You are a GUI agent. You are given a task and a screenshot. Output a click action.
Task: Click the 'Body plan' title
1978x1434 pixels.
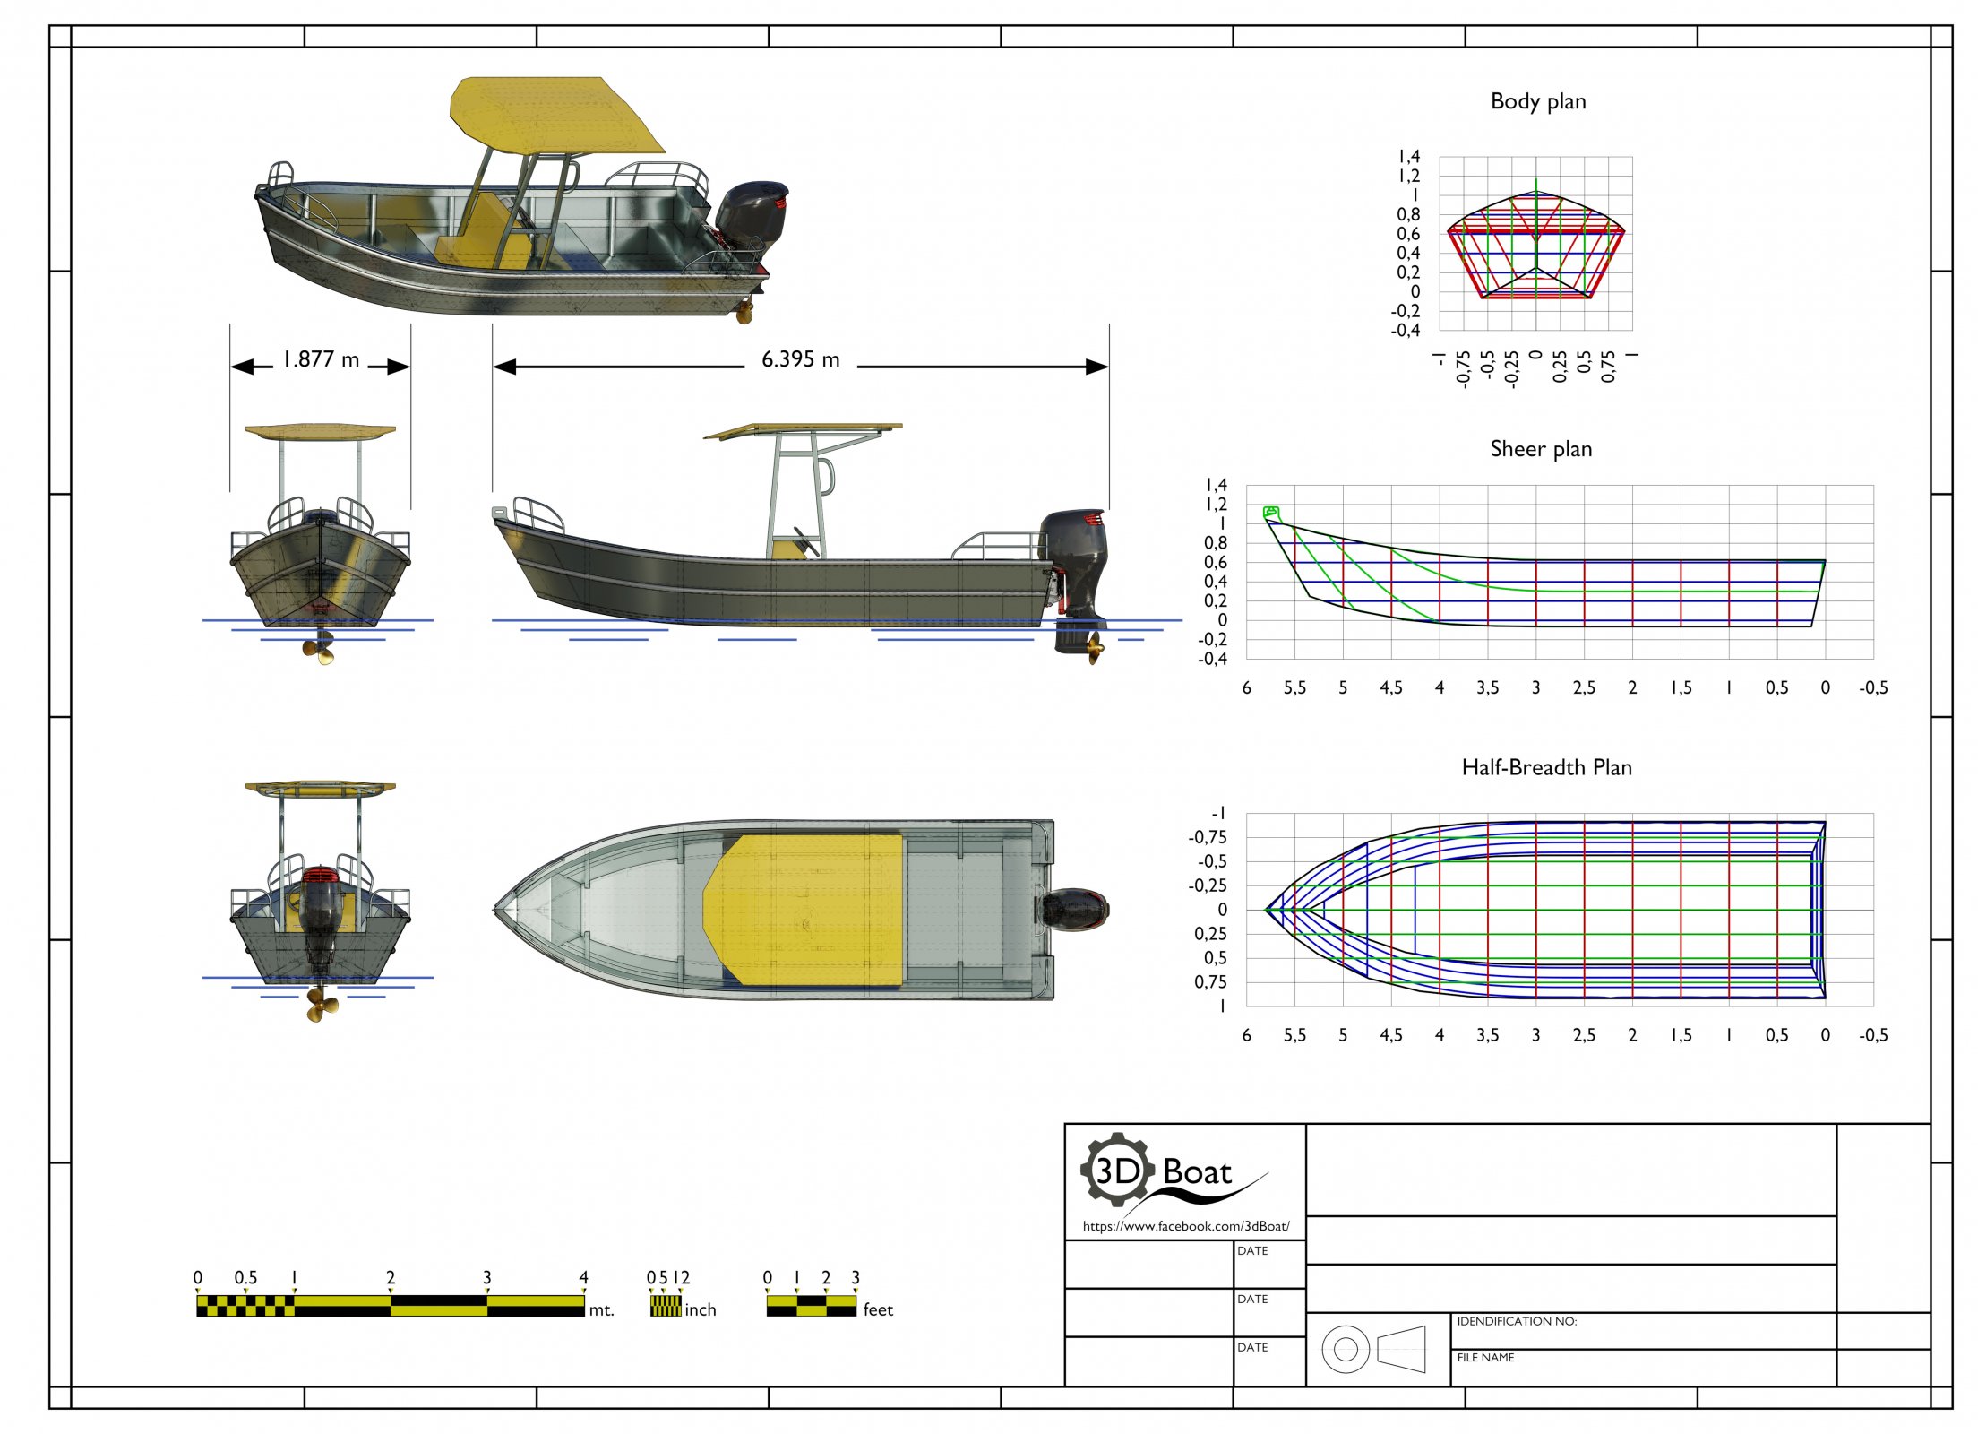(x=1537, y=101)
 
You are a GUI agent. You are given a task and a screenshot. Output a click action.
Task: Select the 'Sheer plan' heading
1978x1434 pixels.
(x=1541, y=449)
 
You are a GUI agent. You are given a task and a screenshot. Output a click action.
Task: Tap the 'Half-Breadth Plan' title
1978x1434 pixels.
(x=1546, y=767)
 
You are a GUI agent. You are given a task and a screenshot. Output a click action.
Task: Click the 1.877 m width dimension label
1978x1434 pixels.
(x=321, y=359)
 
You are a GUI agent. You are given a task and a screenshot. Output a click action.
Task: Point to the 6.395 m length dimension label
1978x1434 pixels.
(x=801, y=359)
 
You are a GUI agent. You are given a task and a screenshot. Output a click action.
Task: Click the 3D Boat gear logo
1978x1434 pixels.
(x=1116, y=1169)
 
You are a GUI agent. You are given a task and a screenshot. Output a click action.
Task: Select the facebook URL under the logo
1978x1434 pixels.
(x=1186, y=1226)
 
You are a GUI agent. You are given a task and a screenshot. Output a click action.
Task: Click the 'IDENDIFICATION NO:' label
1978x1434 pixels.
(x=1517, y=1321)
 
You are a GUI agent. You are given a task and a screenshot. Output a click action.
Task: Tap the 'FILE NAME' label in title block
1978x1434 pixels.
(x=1485, y=1358)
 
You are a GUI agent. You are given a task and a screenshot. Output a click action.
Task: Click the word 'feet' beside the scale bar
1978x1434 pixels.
(x=878, y=1309)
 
